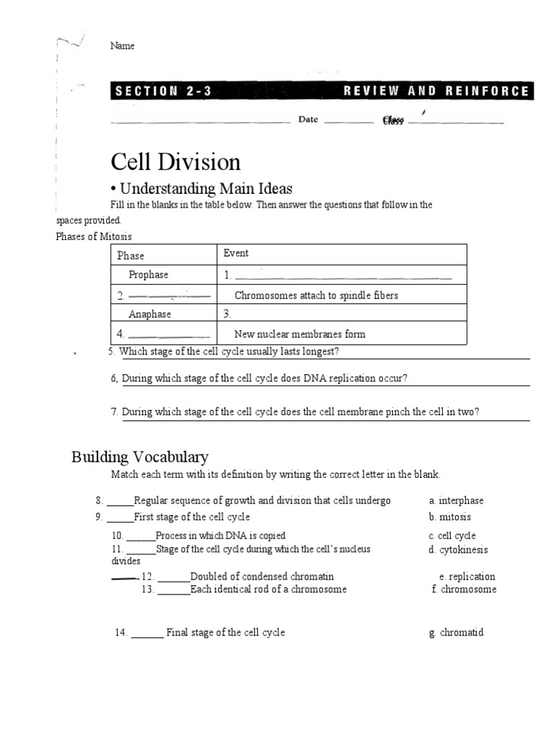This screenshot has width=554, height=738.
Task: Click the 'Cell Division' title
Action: point(175,161)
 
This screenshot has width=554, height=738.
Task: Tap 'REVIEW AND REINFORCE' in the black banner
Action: point(436,92)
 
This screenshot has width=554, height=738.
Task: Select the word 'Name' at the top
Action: point(122,45)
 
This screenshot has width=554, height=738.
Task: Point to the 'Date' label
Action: point(308,120)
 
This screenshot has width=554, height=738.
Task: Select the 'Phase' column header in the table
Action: point(131,256)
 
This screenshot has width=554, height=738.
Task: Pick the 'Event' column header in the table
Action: point(236,253)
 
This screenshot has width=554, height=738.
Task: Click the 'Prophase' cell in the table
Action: point(148,275)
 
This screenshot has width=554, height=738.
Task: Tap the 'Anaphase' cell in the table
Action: point(149,314)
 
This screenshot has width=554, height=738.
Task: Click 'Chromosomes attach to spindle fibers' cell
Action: point(316,295)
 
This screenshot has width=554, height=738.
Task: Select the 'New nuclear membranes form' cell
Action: point(299,334)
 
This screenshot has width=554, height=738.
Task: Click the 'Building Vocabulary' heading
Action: point(140,456)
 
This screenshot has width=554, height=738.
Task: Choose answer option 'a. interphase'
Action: point(456,501)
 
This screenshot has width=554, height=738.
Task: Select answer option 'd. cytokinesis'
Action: point(457,550)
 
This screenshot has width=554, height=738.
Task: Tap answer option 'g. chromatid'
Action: point(456,633)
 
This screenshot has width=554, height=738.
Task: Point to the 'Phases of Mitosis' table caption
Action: point(94,237)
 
